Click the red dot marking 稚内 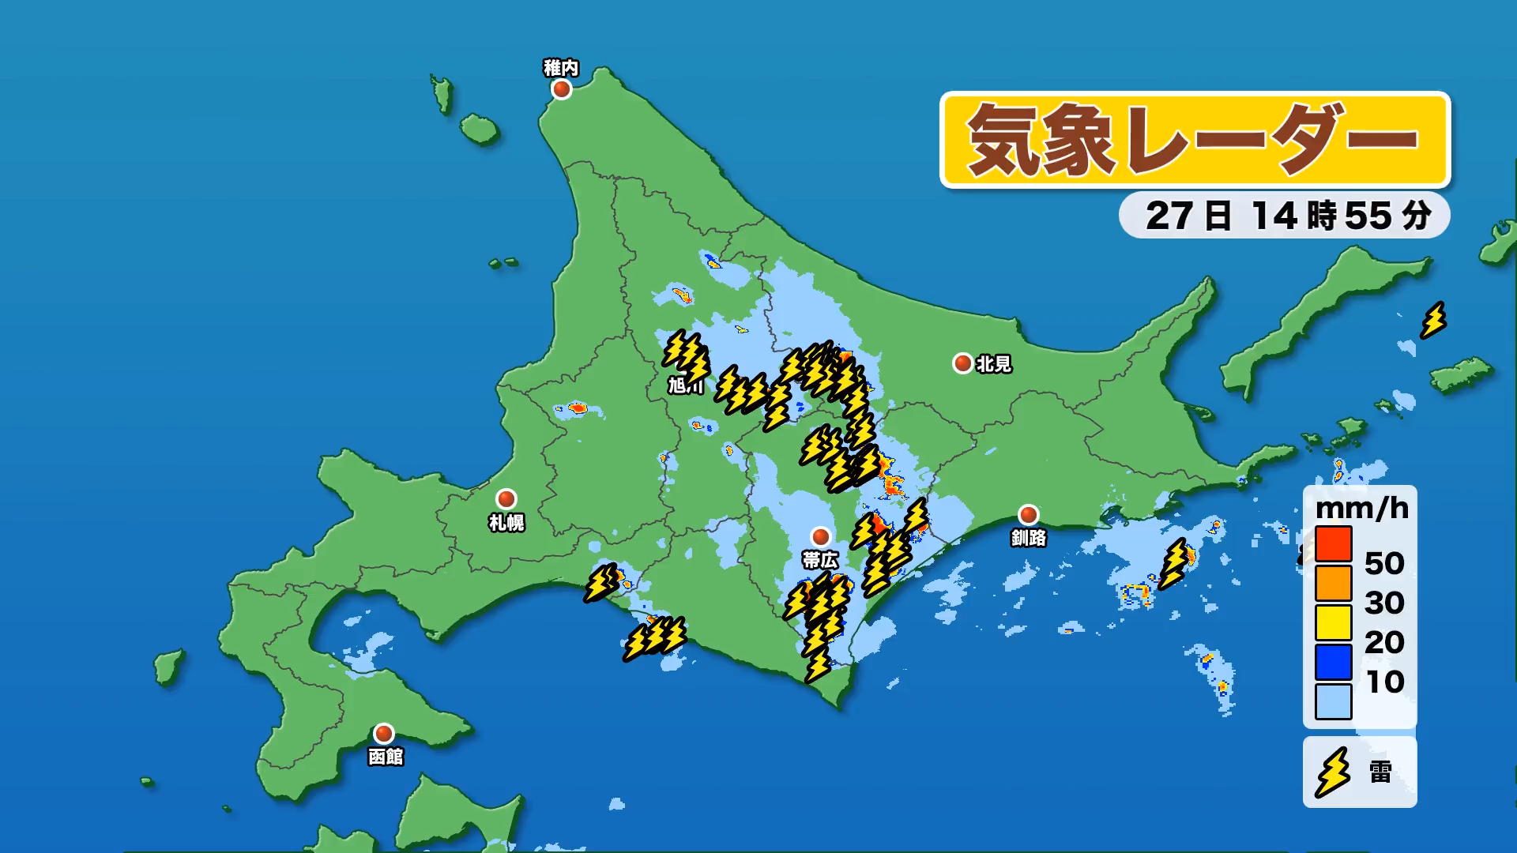coord(562,89)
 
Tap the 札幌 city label coord(506,522)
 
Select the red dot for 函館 coord(384,734)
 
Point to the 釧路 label coord(1029,538)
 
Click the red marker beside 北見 coord(962,363)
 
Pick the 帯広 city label coord(820,560)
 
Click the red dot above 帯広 coord(821,537)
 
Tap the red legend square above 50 coord(1334,543)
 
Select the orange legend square coord(1334,583)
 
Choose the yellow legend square coord(1334,622)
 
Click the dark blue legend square coord(1334,662)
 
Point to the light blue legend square coord(1334,701)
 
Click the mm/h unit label coord(1362,508)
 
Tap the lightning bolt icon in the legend coord(1333,772)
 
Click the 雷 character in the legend coord(1380,772)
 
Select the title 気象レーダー coord(1195,141)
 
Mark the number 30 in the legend coord(1384,603)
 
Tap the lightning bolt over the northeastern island coord(1433,321)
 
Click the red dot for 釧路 coord(1028,515)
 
